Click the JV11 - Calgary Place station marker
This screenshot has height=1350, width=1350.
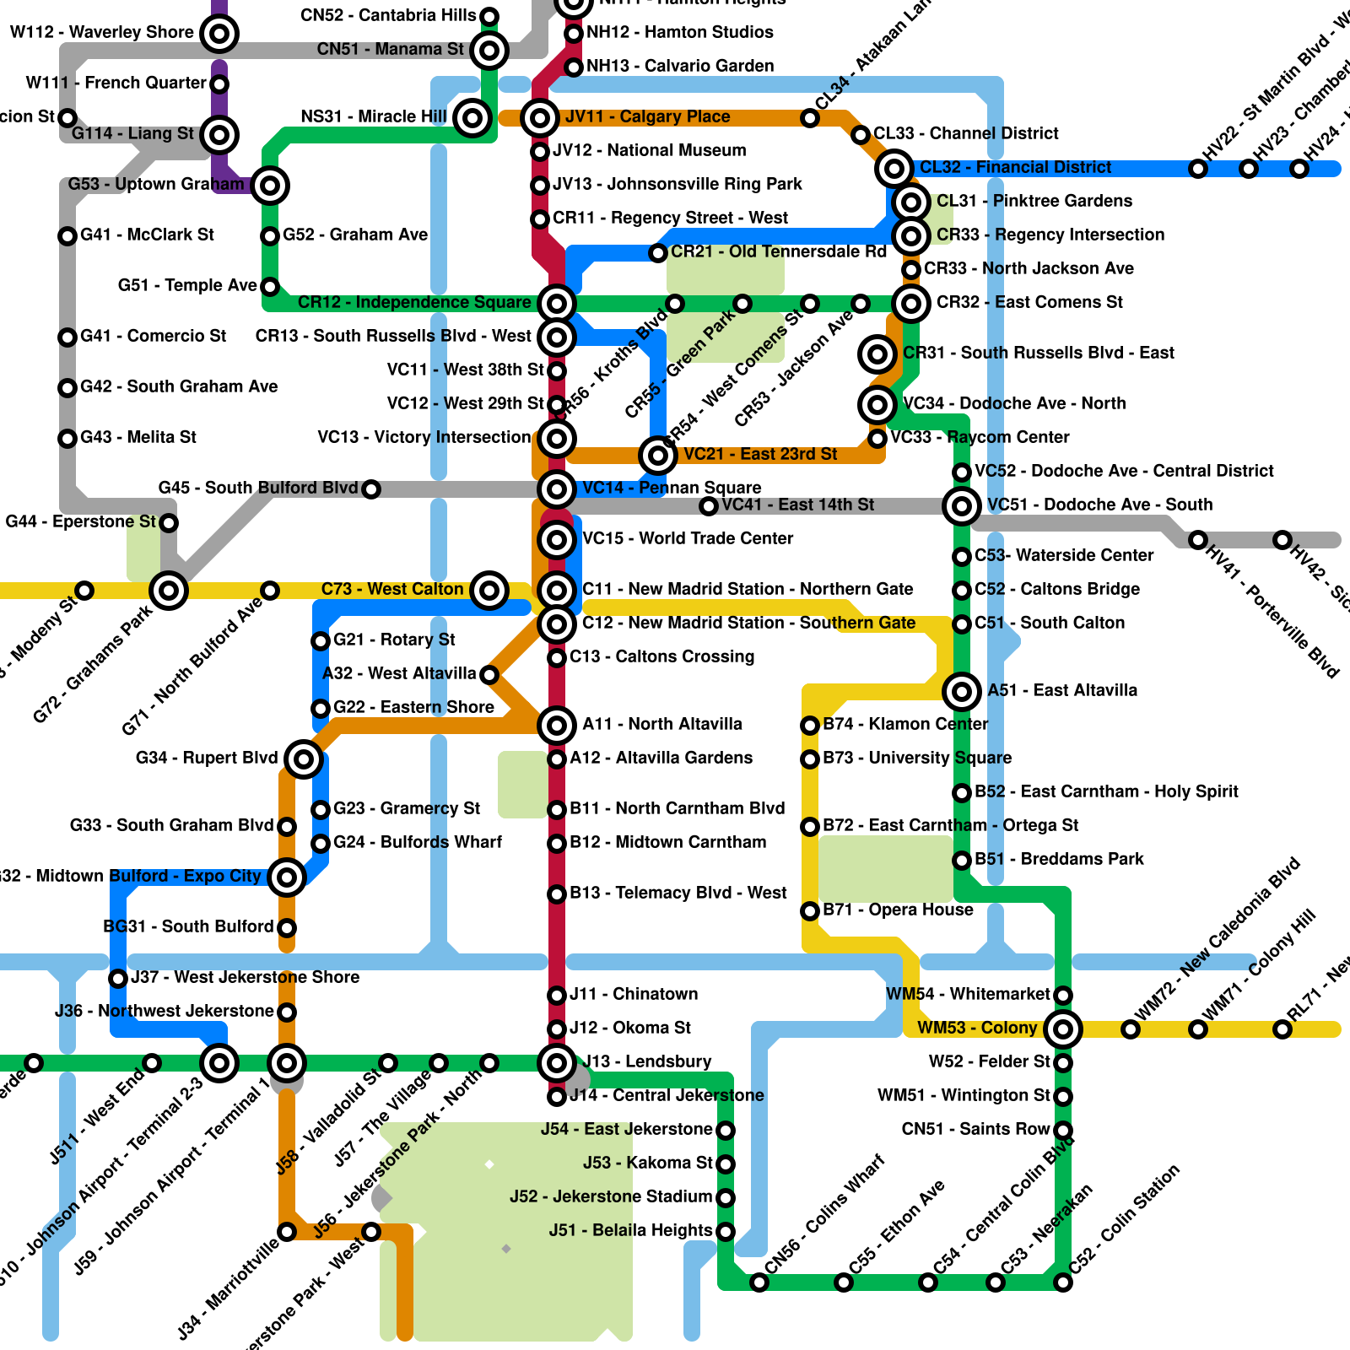coord(539,118)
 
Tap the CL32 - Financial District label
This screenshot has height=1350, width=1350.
coord(1015,167)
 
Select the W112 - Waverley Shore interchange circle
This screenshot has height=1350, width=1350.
coord(219,34)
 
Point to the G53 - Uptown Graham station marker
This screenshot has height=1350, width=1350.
coord(270,186)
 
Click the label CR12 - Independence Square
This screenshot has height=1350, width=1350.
coord(414,302)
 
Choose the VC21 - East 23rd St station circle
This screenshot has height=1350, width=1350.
coord(657,456)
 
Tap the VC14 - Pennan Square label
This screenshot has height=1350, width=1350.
coord(672,488)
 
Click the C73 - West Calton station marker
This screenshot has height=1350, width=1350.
coord(489,591)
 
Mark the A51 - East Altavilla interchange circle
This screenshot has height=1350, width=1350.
coord(962,692)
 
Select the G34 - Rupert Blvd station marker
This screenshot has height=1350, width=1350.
coord(304,759)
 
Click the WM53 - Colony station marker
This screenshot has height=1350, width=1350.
coord(1063,1029)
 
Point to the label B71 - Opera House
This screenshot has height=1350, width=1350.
coord(898,910)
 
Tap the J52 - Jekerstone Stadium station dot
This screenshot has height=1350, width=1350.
coord(726,1198)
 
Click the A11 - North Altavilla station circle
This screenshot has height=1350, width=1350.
coord(557,726)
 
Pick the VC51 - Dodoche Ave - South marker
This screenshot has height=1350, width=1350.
coord(962,506)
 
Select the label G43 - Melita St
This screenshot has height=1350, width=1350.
coord(138,437)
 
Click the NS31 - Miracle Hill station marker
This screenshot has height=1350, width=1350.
coord(472,118)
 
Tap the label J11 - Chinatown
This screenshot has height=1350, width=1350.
coord(634,994)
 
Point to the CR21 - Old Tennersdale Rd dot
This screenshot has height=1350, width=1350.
coord(658,253)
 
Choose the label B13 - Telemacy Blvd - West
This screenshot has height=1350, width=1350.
coord(678,893)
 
